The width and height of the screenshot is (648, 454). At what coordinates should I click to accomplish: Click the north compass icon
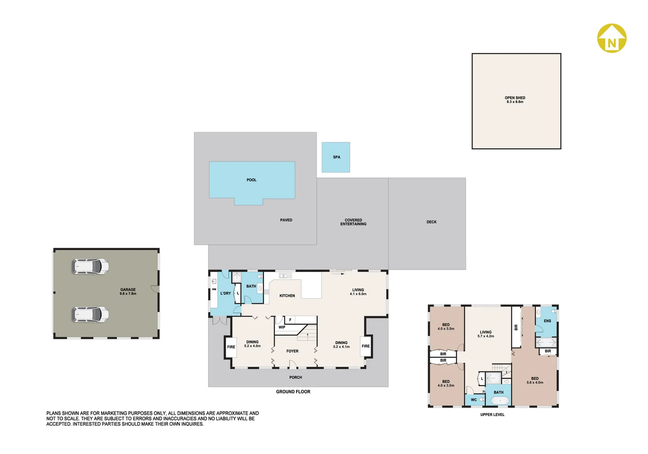pyautogui.click(x=612, y=39)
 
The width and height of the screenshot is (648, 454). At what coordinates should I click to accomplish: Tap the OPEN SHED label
pyautogui.click(x=515, y=100)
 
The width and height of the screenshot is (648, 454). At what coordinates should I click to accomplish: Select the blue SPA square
pyautogui.click(x=336, y=157)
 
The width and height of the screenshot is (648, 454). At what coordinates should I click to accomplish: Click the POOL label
pyautogui.click(x=251, y=180)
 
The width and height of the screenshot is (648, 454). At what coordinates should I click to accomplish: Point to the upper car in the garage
pyautogui.click(x=90, y=267)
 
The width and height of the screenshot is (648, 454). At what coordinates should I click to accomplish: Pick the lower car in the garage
pyautogui.click(x=90, y=314)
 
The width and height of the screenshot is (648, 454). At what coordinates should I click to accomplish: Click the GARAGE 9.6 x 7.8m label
pyautogui.click(x=128, y=291)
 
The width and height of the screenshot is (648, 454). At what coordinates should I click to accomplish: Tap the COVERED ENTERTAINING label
pyautogui.click(x=353, y=222)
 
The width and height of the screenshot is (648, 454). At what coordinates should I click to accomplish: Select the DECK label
pyautogui.click(x=431, y=222)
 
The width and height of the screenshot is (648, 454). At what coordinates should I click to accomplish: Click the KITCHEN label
pyautogui.click(x=287, y=296)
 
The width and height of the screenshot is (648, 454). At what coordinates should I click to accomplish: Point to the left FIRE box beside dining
pyautogui.click(x=231, y=347)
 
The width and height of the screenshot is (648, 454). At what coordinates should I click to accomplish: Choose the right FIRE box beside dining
pyautogui.click(x=366, y=346)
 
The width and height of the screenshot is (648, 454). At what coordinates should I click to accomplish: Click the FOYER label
pyautogui.click(x=292, y=351)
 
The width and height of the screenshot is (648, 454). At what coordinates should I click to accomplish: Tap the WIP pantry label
pyautogui.click(x=282, y=327)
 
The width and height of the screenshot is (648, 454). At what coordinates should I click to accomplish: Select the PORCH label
pyautogui.click(x=296, y=377)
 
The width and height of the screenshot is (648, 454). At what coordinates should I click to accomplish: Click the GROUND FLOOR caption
pyautogui.click(x=293, y=392)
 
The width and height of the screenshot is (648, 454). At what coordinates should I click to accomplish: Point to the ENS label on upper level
pyautogui.click(x=547, y=321)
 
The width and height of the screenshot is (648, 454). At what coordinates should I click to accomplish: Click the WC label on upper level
pyautogui.click(x=474, y=400)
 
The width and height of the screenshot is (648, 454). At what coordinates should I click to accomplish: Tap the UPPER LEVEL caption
pyautogui.click(x=492, y=415)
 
